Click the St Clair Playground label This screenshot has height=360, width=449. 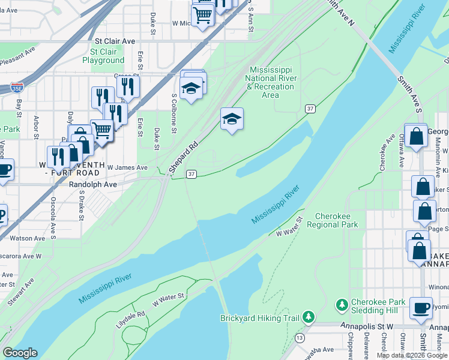click(x=103, y=56)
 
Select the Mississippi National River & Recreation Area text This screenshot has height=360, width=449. click(x=271, y=82)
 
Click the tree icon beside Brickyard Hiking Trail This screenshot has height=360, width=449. click(x=309, y=316)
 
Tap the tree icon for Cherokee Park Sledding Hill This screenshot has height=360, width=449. click(x=342, y=305)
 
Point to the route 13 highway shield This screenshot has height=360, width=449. click(x=300, y=338)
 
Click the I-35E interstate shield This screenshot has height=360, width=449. click(x=17, y=88)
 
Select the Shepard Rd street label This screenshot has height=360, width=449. click(x=185, y=158)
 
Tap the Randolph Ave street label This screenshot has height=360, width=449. click(x=92, y=185)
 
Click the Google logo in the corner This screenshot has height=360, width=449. click(x=20, y=353)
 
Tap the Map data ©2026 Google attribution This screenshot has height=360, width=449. click(x=412, y=355)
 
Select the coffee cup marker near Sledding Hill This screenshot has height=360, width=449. click(x=421, y=308)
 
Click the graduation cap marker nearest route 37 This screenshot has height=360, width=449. click(x=231, y=120)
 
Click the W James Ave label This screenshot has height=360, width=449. click(x=127, y=168)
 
